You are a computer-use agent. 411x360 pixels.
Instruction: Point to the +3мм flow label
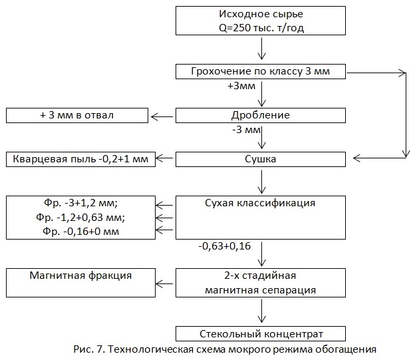[x=241, y=86]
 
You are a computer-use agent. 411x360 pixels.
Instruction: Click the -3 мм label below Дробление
[x=246, y=130]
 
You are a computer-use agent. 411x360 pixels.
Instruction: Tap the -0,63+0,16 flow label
[x=224, y=246]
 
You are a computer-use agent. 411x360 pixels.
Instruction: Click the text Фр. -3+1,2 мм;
[x=80, y=203]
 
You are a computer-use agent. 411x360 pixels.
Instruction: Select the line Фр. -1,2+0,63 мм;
[x=80, y=218]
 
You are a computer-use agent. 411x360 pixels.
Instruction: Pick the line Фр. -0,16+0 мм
[x=80, y=232]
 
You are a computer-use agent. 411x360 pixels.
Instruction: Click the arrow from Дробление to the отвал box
[x=162, y=116]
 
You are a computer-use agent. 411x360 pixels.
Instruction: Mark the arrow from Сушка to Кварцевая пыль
[x=164, y=158]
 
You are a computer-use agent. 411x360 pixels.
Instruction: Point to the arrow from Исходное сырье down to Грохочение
[x=261, y=49]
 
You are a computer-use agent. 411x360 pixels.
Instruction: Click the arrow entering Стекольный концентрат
[x=261, y=311]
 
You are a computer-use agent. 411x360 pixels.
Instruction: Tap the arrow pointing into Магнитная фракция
[x=164, y=283]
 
